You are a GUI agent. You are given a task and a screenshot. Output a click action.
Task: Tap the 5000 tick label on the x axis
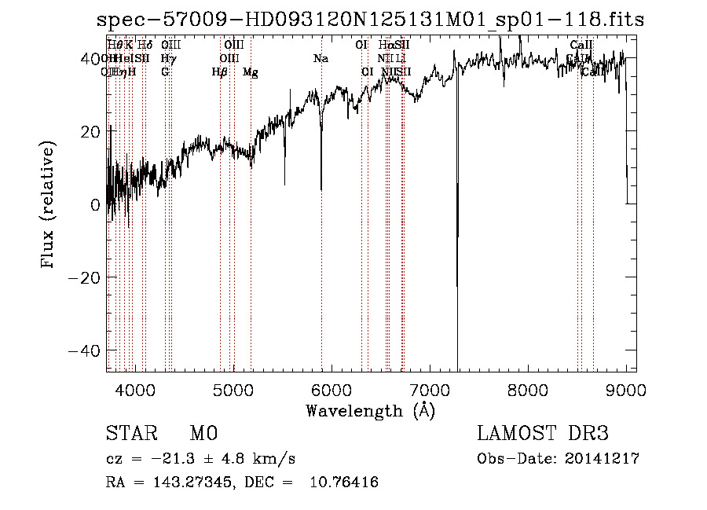click(x=233, y=390)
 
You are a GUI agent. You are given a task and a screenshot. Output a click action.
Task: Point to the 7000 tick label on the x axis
click(x=430, y=390)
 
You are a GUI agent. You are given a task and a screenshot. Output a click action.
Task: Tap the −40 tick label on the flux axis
click(x=85, y=350)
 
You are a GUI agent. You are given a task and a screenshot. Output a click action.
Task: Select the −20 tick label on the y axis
click(x=85, y=277)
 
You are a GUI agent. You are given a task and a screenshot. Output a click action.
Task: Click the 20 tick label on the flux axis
click(x=90, y=131)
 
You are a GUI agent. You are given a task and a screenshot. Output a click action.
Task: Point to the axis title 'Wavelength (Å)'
click(x=370, y=410)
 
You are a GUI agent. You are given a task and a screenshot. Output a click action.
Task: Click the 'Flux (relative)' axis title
click(x=49, y=205)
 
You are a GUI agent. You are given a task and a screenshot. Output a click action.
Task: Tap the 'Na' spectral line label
click(x=321, y=58)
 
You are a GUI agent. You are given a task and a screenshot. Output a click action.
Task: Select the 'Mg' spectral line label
click(x=250, y=72)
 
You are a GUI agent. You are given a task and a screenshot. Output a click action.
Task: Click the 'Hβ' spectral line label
click(x=220, y=72)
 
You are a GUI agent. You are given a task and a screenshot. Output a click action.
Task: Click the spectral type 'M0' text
click(x=203, y=434)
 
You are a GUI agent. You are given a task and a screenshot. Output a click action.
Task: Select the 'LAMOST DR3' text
click(x=543, y=434)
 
